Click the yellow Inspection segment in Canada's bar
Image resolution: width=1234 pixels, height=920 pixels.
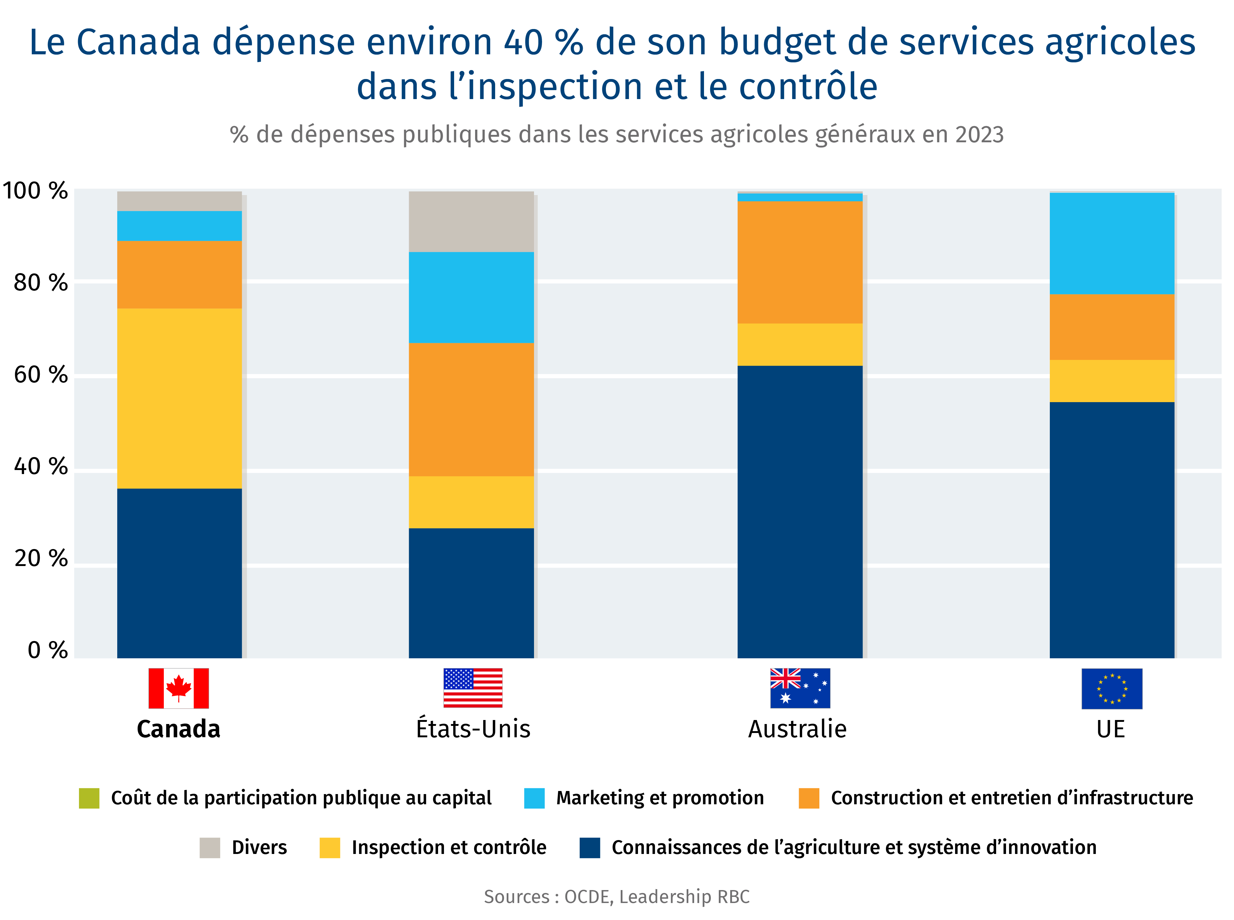179,398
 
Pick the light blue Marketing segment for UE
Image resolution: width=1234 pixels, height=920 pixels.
1112,244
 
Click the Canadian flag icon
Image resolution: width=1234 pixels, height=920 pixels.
179,688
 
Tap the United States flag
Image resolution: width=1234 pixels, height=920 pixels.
473,688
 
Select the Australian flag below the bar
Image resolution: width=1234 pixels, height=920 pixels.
800,688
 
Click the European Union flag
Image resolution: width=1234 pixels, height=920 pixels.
1112,688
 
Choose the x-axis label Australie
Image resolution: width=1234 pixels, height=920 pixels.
797,729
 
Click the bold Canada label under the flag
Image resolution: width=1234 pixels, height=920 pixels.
179,729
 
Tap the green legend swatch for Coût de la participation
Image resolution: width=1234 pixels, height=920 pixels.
89,798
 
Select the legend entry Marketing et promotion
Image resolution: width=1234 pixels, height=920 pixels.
660,798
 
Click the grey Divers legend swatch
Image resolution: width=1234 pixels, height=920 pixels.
210,847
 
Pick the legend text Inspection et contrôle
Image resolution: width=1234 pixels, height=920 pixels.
449,847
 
